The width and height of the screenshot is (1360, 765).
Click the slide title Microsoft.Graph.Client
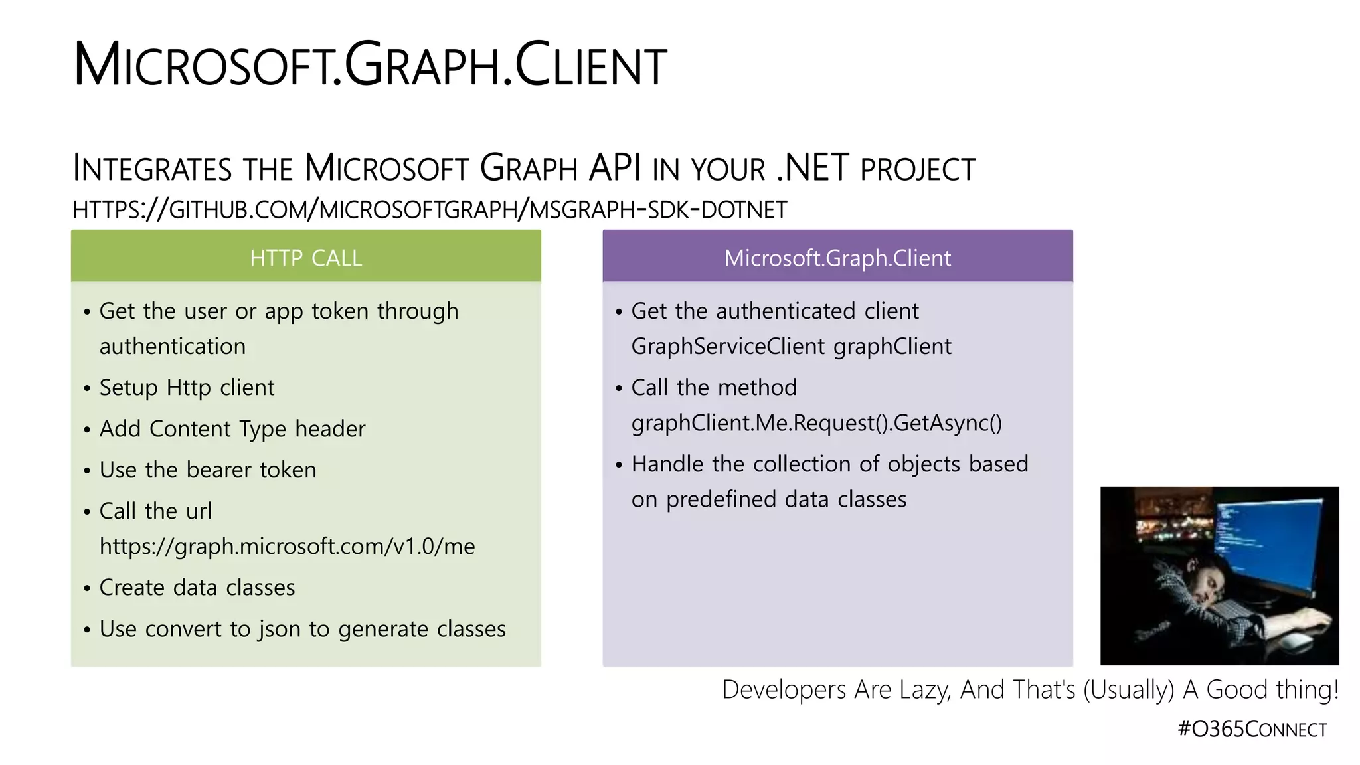[370, 65]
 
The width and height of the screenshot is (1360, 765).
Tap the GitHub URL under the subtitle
[430, 210]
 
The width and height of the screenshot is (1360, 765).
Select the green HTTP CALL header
[306, 257]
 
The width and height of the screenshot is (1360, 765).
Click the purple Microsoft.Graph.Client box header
[837, 257]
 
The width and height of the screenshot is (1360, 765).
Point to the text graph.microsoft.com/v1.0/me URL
[287, 546]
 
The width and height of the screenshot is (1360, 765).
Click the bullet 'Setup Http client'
[187, 387]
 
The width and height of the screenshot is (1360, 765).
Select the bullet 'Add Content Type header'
[232, 428]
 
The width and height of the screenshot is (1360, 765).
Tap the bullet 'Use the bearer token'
[208, 469]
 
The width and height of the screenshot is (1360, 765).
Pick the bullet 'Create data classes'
[197, 587]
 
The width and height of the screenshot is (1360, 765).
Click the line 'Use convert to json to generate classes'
[302, 628]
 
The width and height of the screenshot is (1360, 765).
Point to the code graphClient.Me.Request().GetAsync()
[816, 422]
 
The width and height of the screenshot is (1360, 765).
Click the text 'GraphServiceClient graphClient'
[791, 346]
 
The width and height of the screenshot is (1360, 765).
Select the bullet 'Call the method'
[714, 387]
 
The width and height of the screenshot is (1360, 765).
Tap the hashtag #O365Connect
[1252, 729]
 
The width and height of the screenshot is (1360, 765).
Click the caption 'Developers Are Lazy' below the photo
[1030, 689]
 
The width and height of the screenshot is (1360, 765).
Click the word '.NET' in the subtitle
[813, 168]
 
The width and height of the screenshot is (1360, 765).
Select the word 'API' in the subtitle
[614, 168]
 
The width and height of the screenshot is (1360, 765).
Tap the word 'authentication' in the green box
[173, 346]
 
